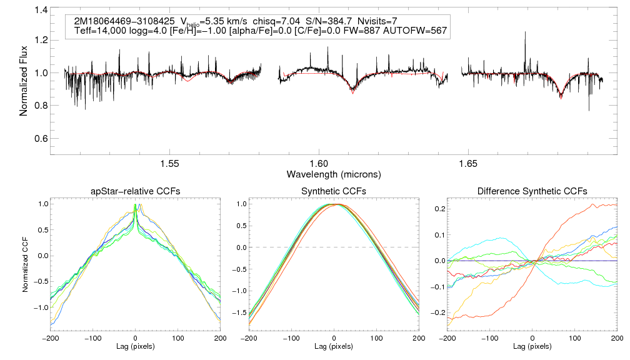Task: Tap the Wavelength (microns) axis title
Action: (x=334, y=173)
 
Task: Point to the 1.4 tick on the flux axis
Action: (x=41, y=11)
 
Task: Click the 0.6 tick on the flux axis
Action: (x=41, y=138)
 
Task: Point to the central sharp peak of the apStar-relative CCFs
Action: (x=136, y=205)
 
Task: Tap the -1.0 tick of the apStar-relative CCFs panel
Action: (x=41, y=307)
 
